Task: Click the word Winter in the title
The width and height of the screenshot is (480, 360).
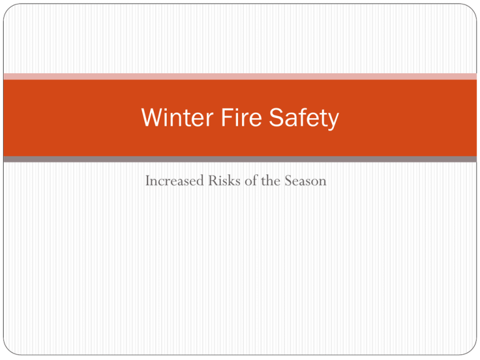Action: tap(177, 117)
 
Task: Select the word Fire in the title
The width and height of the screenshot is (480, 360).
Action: tap(241, 117)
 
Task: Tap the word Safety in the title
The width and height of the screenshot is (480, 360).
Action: tap(304, 119)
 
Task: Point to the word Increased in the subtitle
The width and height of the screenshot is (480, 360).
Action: tap(174, 180)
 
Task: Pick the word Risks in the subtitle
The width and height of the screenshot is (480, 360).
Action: tap(224, 180)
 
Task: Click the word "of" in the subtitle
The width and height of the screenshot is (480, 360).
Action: tap(251, 180)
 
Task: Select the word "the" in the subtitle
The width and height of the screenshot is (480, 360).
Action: tap(271, 180)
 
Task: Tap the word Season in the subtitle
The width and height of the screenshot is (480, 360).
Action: tap(306, 180)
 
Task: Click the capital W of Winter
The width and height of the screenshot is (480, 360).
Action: tap(152, 117)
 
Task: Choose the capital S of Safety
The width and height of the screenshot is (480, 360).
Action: tap(276, 117)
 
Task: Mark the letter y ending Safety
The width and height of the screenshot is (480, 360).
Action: tap(332, 121)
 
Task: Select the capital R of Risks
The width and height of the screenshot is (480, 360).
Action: tap(213, 180)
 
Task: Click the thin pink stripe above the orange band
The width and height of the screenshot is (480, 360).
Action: tap(240, 76)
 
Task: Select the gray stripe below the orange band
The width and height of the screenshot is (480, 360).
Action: tap(240, 159)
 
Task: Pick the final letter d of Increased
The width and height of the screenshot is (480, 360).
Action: tap(200, 180)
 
